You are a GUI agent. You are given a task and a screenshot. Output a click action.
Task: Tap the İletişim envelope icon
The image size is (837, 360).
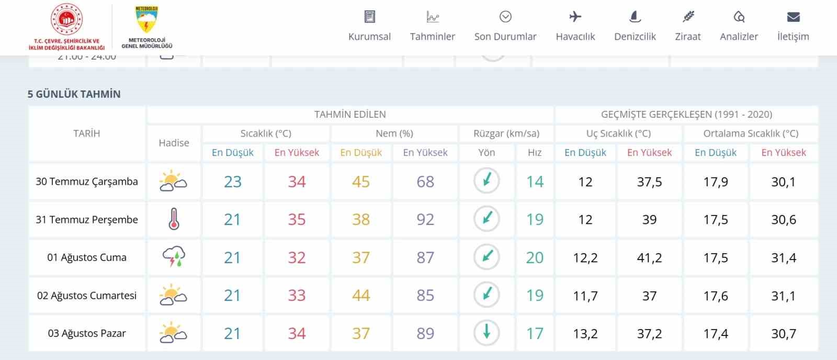coord(793,17)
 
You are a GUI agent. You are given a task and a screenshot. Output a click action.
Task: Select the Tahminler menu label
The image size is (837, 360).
coord(432,37)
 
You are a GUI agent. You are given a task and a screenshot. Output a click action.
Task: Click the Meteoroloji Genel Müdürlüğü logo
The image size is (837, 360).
coord(147,26)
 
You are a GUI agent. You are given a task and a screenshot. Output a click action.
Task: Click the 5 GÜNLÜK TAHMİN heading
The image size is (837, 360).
coord(74,94)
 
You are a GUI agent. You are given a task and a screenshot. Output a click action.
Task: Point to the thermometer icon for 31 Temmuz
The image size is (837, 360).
coord(174,219)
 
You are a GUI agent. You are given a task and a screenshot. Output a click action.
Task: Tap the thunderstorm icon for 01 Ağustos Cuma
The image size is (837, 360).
coord(174,257)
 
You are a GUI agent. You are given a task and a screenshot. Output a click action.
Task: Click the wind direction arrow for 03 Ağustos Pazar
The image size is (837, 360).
coord(487,333)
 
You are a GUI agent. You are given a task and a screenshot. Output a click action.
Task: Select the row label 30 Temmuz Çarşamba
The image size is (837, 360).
coord(87,182)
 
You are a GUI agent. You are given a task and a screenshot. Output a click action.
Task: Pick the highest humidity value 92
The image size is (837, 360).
coord(425,219)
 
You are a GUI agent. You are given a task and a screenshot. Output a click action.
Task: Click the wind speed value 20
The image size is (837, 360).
coord(535,257)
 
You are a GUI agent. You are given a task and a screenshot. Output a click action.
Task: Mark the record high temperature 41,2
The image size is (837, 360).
coord(649,257)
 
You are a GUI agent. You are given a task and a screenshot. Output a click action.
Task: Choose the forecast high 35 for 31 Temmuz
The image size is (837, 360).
coord(297,219)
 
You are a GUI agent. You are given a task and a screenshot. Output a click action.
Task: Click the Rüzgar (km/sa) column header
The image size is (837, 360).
coord(506,133)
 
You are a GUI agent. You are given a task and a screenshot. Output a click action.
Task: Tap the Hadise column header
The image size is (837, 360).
coord(174,143)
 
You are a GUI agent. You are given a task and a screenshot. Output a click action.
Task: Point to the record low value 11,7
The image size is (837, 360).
coord(585,296)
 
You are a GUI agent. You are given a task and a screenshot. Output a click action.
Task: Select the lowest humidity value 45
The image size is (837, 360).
coord(361,182)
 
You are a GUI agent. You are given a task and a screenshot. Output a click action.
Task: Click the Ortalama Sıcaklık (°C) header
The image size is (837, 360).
coord(751,133)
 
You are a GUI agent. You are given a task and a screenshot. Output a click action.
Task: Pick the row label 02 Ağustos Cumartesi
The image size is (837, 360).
coord(87,296)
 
